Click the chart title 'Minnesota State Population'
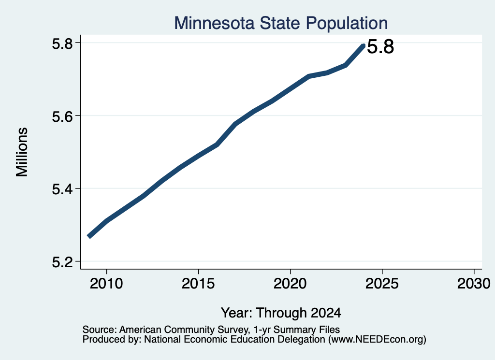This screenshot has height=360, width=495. click(281, 23)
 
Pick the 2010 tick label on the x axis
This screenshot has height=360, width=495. click(106, 284)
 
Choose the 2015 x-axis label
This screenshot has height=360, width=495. click(198, 284)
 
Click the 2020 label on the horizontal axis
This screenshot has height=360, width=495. click(290, 284)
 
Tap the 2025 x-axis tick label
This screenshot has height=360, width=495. click(382, 284)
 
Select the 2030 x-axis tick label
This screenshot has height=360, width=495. click(474, 284)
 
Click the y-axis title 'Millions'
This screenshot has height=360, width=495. click(22, 152)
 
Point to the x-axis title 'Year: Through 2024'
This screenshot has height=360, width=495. click(281, 313)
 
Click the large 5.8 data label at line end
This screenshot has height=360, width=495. click(380, 47)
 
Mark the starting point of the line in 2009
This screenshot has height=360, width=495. click(89, 236)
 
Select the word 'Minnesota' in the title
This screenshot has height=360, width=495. click(214, 23)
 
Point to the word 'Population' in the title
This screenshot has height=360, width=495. click(347, 24)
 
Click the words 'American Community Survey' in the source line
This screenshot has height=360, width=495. click(183, 330)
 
